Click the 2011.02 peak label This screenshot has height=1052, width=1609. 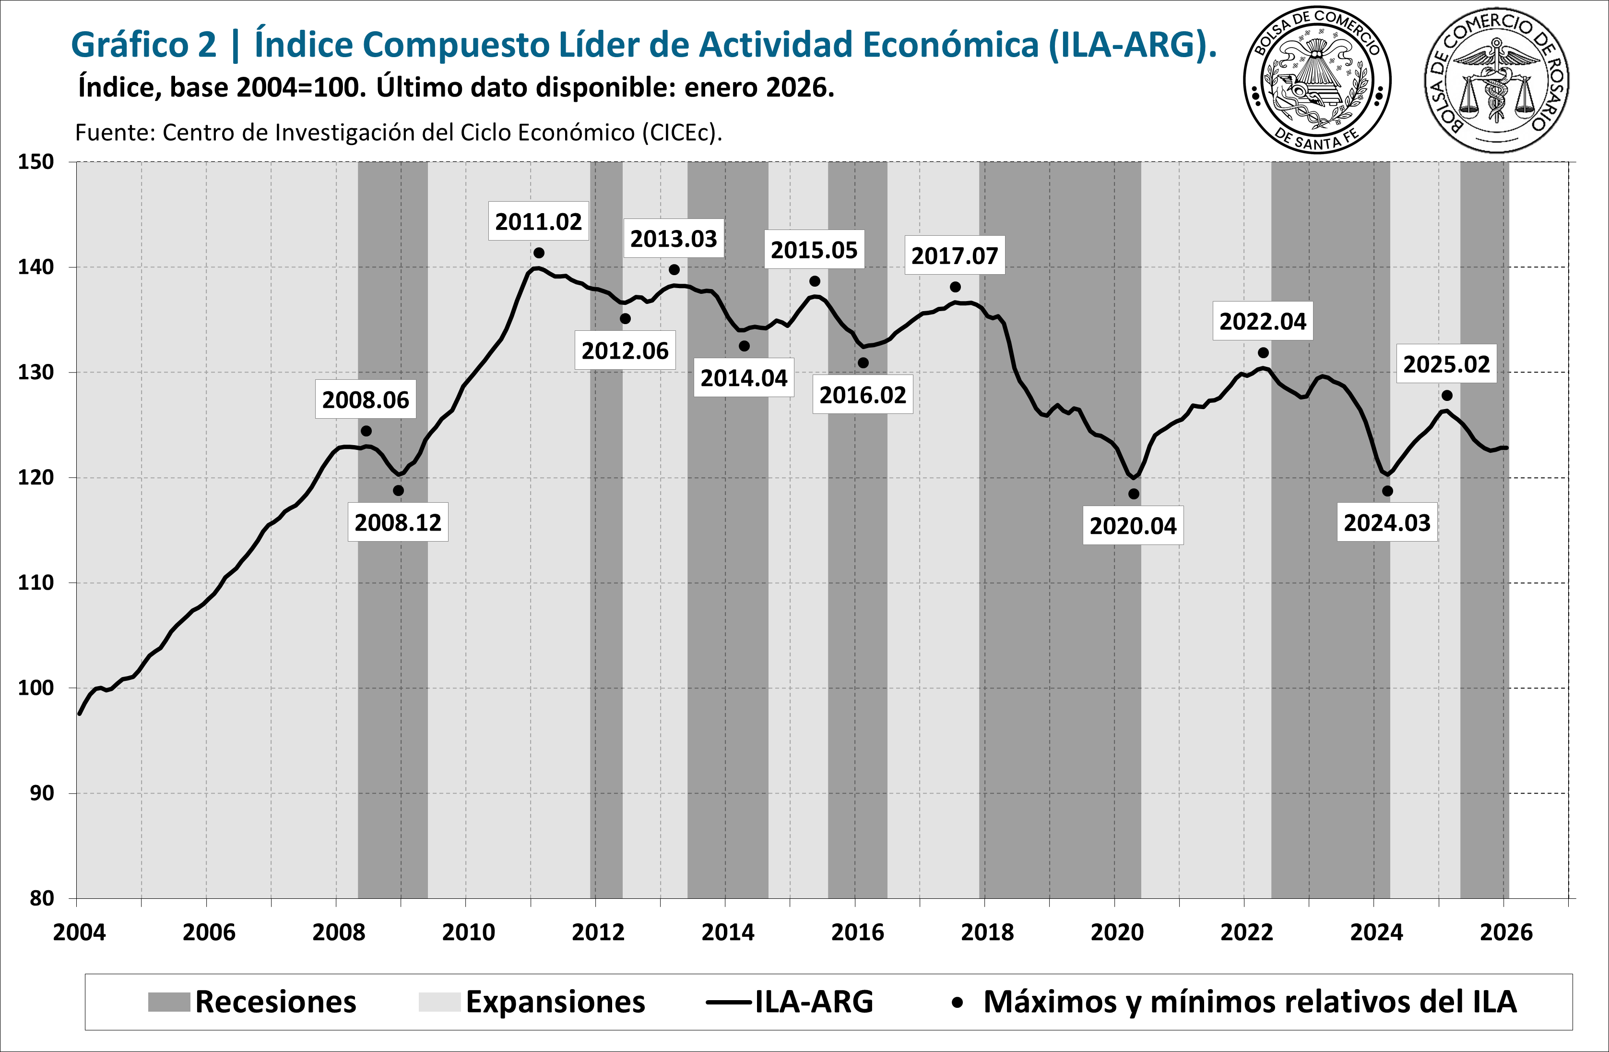point(538,222)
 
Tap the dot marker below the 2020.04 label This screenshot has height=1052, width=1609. point(1134,494)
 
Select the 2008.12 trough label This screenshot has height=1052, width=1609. point(398,522)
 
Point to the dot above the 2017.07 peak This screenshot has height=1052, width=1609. point(955,287)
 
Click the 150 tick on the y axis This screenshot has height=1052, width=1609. point(36,162)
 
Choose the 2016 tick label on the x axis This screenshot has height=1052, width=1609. point(857,932)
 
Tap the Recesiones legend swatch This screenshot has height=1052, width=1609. point(169,1002)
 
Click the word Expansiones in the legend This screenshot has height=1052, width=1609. point(555,1002)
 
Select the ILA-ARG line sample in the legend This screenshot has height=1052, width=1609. point(729,1002)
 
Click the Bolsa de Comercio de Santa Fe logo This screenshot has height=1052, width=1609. point(1317,81)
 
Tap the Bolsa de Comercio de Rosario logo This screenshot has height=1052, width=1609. point(1497,81)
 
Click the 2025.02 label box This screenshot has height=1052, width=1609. point(1446,364)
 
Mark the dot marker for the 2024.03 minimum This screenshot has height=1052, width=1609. point(1387,491)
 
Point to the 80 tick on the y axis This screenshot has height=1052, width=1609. point(41,898)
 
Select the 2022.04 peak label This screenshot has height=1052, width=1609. point(1262,321)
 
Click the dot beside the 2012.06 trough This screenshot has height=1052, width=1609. point(626,319)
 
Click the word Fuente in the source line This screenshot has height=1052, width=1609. point(115,133)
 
